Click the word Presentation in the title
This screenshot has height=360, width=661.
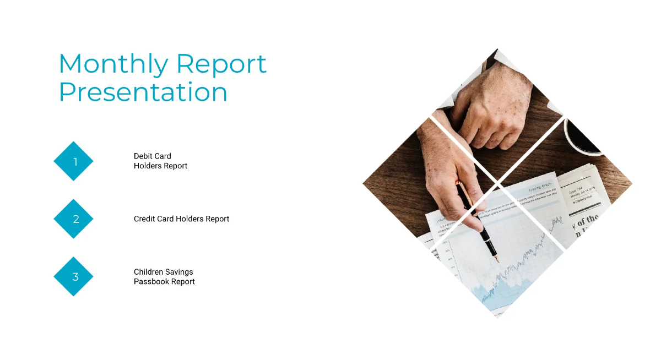click(143, 92)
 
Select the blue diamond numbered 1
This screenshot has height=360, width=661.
click(73, 161)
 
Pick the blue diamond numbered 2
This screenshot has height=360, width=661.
click(73, 219)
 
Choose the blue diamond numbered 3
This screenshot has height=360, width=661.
click(73, 276)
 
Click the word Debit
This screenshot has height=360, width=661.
click(143, 156)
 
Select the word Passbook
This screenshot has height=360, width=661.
click(151, 282)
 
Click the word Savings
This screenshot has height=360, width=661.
click(181, 272)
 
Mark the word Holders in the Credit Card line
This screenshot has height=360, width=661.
click(189, 219)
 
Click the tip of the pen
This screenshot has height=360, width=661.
click(497, 260)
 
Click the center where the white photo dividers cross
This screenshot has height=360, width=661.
click(497, 181)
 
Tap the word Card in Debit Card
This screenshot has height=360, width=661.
click(162, 156)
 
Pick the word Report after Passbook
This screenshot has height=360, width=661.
click(183, 282)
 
